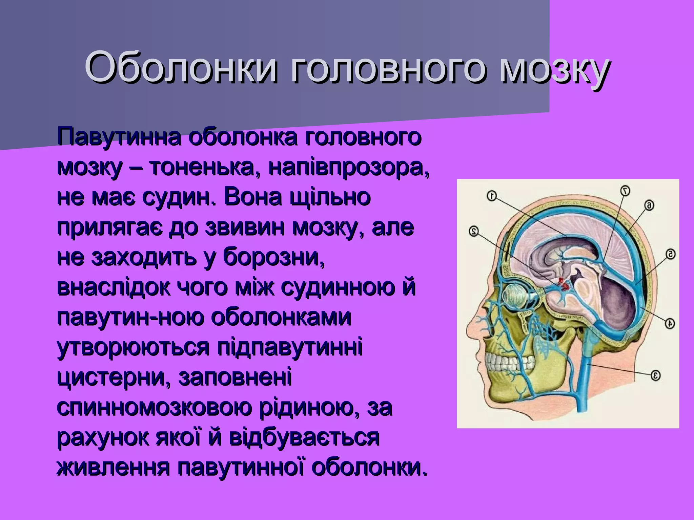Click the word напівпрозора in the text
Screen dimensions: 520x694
coord(349,168)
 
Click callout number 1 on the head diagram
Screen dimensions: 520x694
coord(492,196)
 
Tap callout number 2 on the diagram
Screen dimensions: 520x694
coord(473,231)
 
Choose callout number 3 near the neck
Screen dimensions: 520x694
coord(655,375)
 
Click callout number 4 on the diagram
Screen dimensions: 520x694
coord(669,323)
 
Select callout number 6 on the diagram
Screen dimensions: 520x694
coord(649,205)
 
